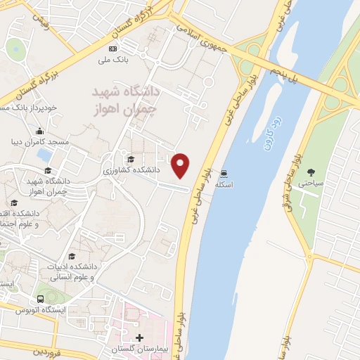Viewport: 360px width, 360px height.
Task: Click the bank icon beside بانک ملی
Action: tap(112, 48)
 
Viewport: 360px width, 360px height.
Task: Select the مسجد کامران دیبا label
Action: tap(44, 141)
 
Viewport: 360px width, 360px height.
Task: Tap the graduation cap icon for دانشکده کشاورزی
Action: tap(129, 159)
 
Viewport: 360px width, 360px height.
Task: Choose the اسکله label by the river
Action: tap(224, 184)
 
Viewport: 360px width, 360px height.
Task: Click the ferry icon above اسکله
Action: tap(224, 172)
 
